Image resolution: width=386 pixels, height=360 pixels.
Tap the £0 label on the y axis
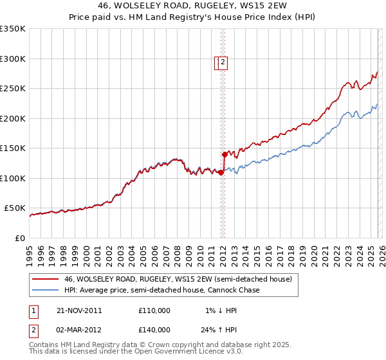(x=21, y=238)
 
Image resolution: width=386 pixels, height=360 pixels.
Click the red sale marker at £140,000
(x=225, y=154)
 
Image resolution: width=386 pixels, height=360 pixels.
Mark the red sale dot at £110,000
(x=221, y=172)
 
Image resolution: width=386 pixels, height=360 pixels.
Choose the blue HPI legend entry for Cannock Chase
(x=161, y=290)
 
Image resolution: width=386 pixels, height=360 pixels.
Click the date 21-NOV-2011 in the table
(x=79, y=310)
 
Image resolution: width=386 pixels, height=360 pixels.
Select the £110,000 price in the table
(x=154, y=310)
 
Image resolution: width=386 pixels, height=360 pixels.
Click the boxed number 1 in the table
(x=33, y=310)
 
